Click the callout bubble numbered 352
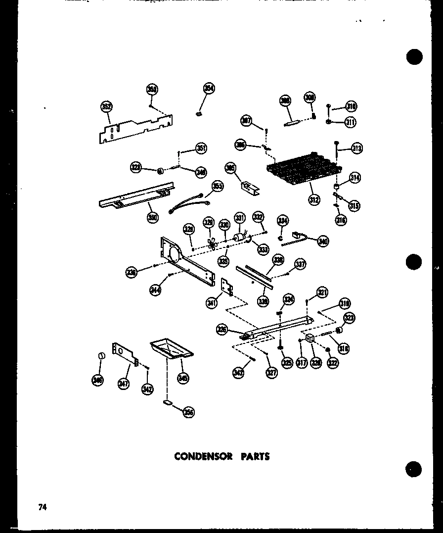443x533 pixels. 106,106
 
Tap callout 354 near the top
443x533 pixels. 209,89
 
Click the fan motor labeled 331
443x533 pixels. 240,239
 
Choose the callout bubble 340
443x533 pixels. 323,242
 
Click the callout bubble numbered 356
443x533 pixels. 188,412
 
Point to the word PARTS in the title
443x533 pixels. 255,457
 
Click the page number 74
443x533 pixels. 41,507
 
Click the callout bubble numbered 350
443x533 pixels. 153,216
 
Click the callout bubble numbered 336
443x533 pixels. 131,272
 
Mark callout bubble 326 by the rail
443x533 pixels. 222,329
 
